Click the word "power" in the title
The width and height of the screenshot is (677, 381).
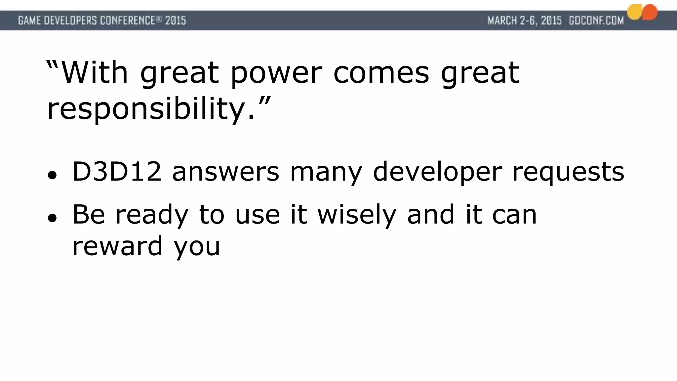(x=276, y=73)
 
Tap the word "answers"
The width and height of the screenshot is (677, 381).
(x=225, y=172)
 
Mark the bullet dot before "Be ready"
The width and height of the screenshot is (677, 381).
(x=51, y=218)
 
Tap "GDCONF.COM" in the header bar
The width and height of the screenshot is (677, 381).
(x=596, y=21)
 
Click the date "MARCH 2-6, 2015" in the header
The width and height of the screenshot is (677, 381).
(x=525, y=21)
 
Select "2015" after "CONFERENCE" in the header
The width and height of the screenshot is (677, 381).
(x=176, y=21)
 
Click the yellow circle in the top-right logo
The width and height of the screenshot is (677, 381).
(x=634, y=13)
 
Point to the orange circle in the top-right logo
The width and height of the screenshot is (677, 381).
(x=650, y=12)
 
